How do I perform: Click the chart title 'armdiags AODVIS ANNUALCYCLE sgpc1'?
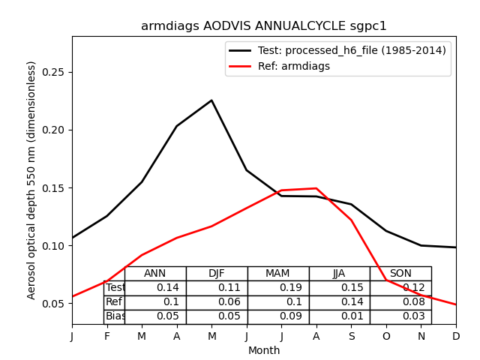(264, 26)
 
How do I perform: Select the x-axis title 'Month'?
(264, 350)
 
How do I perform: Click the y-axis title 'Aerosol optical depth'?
(31, 180)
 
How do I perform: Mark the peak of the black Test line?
(211, 100)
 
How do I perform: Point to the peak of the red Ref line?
(316, 188)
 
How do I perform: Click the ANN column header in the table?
(155, 274)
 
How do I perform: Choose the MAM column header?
(277, 274)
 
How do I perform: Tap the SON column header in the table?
(400, 274)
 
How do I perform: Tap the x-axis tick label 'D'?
(456, 336)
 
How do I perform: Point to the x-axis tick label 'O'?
(386, 336)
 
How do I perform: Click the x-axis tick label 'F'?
(107, 336)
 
